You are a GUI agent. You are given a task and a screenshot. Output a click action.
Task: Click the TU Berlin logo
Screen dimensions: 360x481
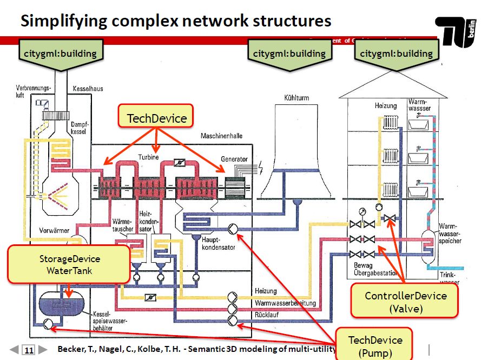(x=457, y=31)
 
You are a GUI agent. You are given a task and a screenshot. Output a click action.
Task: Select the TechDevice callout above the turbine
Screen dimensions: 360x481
(x=156, y=118)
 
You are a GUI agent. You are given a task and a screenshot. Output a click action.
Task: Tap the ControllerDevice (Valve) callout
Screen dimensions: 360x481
(x=405, y=302)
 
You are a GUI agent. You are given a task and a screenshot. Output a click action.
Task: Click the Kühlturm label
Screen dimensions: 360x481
(x=295, y=98)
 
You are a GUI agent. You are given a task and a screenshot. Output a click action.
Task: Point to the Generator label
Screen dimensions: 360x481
(x=234, y=159)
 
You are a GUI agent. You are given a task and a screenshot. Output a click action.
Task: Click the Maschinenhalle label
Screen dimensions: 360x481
(x=222, y=136)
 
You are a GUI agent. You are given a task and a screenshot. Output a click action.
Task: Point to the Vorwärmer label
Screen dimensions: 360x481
(x=54, y=230)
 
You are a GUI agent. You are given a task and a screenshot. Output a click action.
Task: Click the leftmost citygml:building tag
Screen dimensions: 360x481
(x=60, y=54)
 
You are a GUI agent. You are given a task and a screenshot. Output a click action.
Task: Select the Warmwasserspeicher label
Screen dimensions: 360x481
(x=450, y=234)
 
